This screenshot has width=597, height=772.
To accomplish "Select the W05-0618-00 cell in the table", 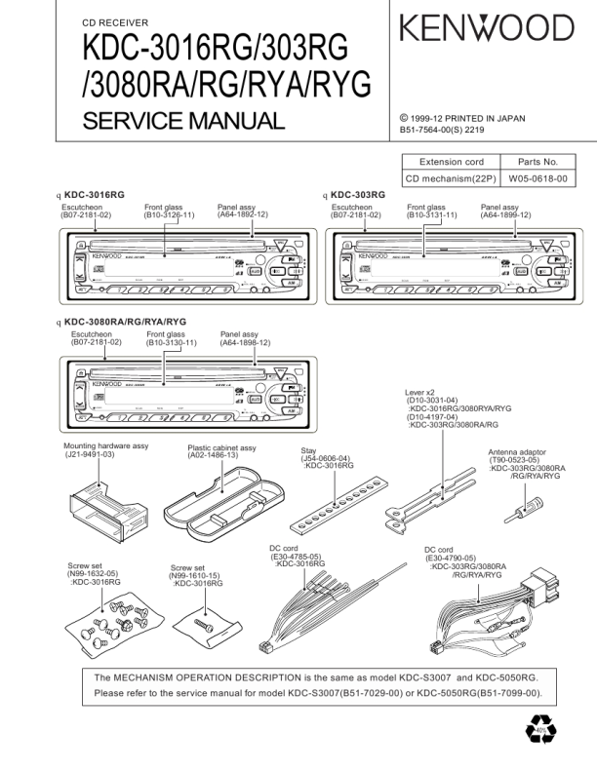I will pos(537,178).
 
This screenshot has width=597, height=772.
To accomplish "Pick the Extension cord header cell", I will pos(451,162).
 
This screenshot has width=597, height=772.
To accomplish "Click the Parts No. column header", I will pos(537,162).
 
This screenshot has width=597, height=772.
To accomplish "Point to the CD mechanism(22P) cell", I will pos(451,178).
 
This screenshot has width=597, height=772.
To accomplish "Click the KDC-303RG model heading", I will pos(358,195).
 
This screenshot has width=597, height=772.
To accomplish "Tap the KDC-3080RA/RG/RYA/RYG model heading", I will pos(125,322).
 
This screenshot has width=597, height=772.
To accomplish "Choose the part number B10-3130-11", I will pos(172,343).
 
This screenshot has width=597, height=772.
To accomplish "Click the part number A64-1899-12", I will pos(505,214).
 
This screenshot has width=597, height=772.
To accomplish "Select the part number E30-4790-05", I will pos(451,558).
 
